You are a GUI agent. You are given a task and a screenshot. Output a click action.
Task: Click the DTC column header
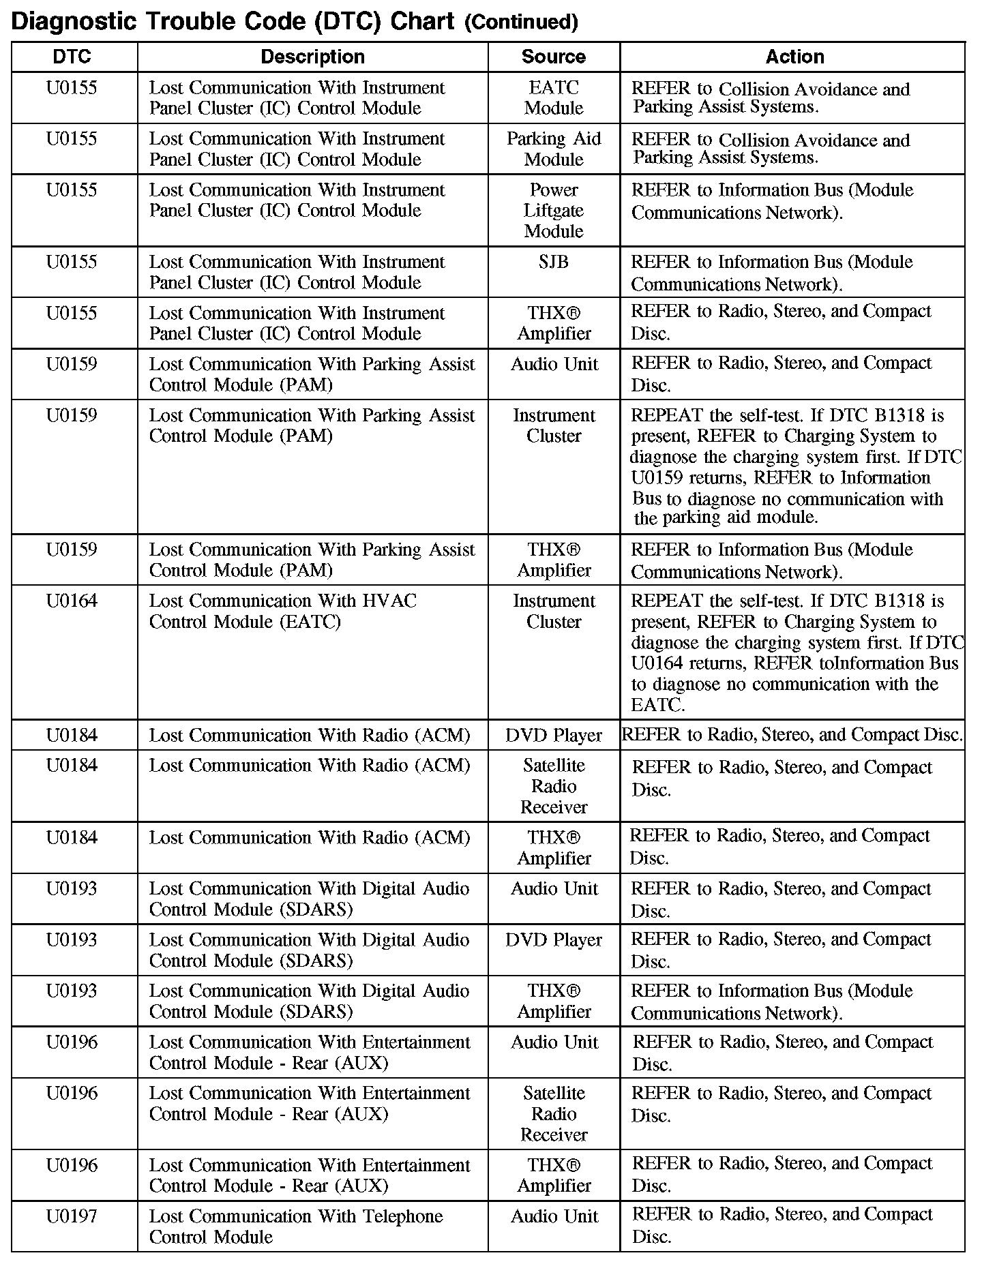pos(72,57)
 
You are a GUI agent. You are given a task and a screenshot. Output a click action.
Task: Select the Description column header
pos(312,57)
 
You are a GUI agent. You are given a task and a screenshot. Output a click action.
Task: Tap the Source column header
pos(553,57)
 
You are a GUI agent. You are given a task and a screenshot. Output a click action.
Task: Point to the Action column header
pos(794,57)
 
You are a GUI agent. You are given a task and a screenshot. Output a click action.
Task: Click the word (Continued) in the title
pos(521,22)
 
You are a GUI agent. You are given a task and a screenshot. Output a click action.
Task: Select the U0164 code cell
pos(72,601)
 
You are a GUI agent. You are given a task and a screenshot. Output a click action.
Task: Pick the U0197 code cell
pos(72,1216)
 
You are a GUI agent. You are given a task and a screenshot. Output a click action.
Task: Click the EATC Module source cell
pos(554,98)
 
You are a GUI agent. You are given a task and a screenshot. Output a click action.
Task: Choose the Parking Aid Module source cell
pos(554,149)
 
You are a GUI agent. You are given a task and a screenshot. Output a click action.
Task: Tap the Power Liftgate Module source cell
pos(554,211)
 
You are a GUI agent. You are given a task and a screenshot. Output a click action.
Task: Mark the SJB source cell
pos(554,262)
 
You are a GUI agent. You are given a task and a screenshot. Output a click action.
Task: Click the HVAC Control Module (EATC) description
pos(283,612)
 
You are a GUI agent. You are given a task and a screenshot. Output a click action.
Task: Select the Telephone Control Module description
pos(296,1227)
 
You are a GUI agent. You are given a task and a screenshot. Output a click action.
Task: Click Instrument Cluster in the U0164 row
pos(554,612)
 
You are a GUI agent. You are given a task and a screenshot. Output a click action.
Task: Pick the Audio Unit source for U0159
pos(554,364)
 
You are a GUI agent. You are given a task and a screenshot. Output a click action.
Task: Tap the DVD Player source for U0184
pos(554,736)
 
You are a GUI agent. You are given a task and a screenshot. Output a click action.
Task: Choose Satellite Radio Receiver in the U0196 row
pos(554,1114)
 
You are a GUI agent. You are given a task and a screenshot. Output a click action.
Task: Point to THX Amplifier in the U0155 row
pos(554,323)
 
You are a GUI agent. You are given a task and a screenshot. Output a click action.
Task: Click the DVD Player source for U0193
pos(554,940)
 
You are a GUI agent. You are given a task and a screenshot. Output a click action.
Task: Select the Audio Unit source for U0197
pos(554,1216)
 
